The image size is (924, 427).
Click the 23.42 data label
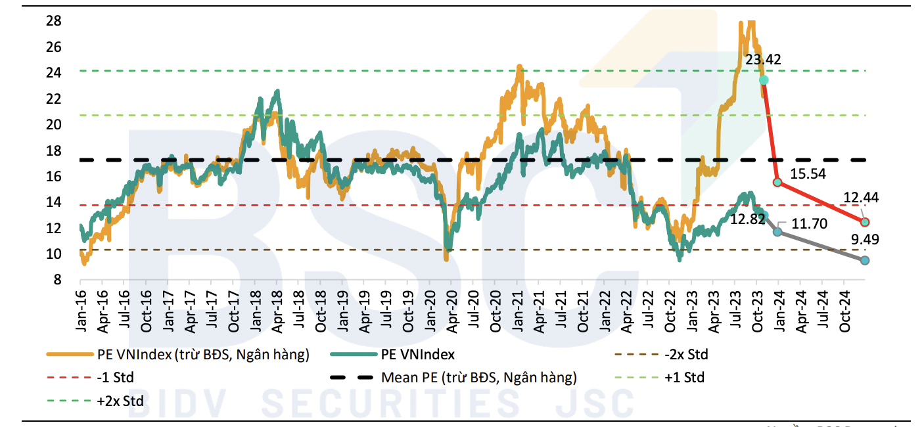(763, 60)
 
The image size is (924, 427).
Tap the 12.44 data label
(861, 198)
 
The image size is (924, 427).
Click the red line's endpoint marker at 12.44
(865, 222)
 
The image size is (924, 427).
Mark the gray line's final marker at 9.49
(865, 261)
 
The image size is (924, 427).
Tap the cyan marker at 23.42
(764, 79)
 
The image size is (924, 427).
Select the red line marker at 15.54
(777, 182)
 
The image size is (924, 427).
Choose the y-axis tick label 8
(57, 280)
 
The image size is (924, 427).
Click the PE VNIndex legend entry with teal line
(418, 355)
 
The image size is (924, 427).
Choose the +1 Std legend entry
(684, 378)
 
